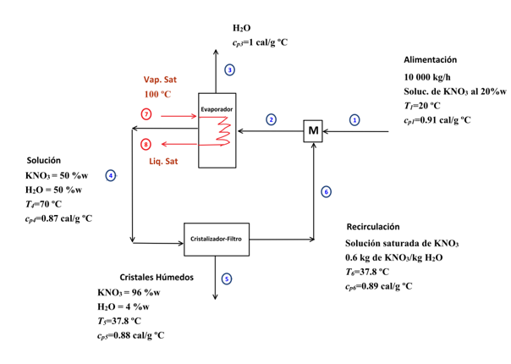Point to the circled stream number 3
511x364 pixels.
[x=229, y=69]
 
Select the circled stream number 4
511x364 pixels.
[x=111, y=175]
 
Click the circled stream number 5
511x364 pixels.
[x=228, y=279]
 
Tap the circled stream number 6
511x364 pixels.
[x=326, y=192]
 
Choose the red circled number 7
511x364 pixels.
[x=146, y=113]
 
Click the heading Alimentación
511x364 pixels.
[x=430, y=60]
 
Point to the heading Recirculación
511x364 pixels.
[x=373, y=227]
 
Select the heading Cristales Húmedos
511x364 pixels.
[x=157, y=277]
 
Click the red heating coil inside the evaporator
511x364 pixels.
[x=223, y=133]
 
